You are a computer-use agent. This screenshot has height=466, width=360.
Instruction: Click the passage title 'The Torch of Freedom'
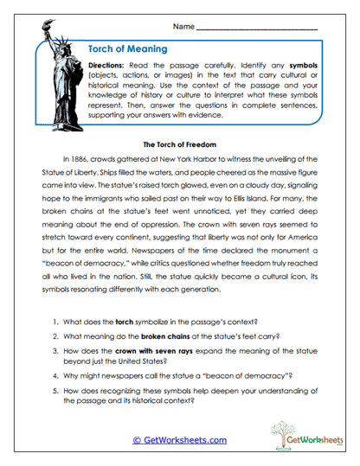point(179,144)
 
